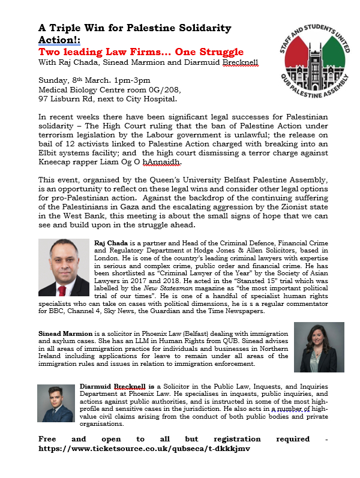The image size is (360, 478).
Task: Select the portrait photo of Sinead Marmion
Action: click(x=319, y=347)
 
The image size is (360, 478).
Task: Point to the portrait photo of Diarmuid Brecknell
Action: click(x=55, y=403)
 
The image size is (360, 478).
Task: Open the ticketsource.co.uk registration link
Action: click(x=144, y=447)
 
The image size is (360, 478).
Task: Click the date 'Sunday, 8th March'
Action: click(x=74, y=80)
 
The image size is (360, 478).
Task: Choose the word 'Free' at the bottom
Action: click(x=50, y=438)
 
